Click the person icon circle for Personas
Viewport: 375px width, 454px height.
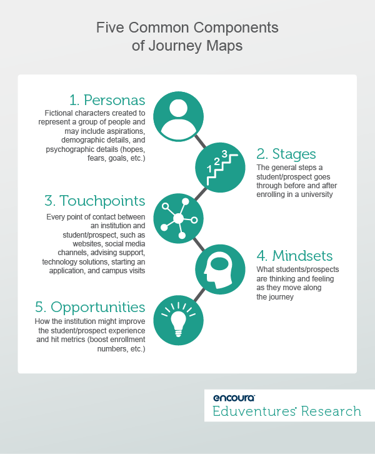(x=179, y=117)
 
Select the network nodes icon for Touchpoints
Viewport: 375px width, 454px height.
(x=179, y=218)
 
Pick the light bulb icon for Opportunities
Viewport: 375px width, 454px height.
(x=179, y=320)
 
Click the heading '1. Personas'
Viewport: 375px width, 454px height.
(x=107, y=100)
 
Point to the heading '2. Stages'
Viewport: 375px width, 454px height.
(x=286, y=154)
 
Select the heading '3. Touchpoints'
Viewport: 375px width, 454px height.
(x=95, y=201)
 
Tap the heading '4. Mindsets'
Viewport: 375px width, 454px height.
(x=293, y=256)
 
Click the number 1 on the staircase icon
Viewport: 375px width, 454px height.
(x=210, y=169)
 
